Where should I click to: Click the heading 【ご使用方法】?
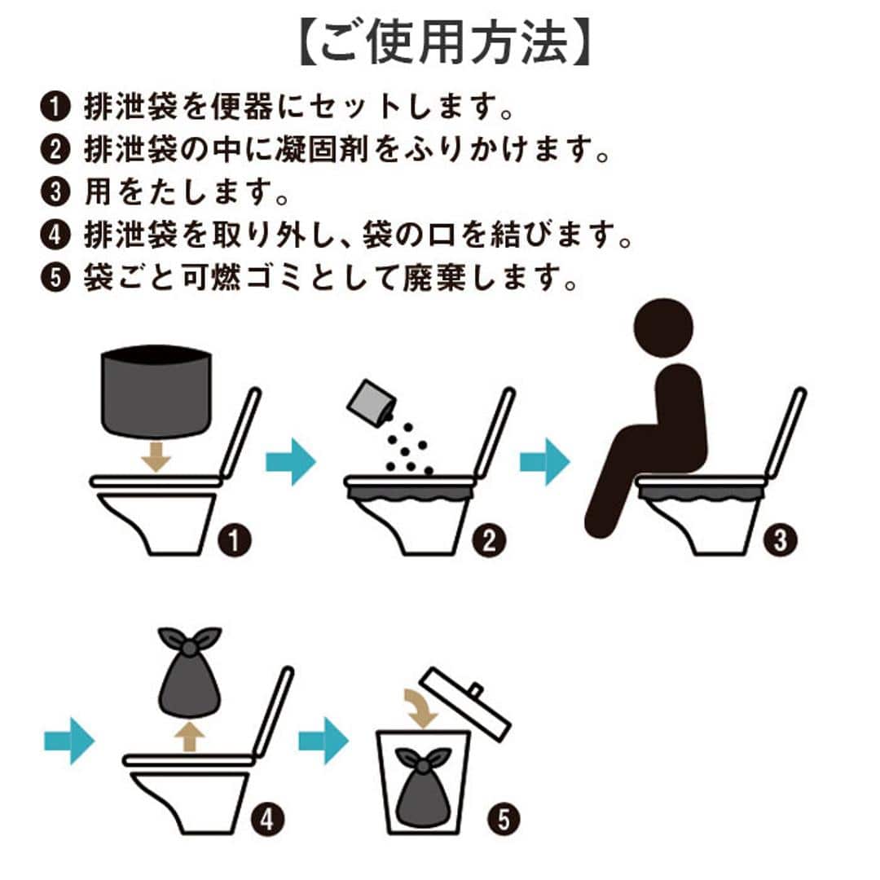[x=440, y=46]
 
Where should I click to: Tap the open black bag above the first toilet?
[x=156, y=391]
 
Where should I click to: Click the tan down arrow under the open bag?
[x=156, y=457]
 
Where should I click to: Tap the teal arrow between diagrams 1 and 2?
[x=289, y=462]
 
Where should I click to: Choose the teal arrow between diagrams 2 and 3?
[x=544, y=462]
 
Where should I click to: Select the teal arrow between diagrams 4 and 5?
[x=323, y=741]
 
